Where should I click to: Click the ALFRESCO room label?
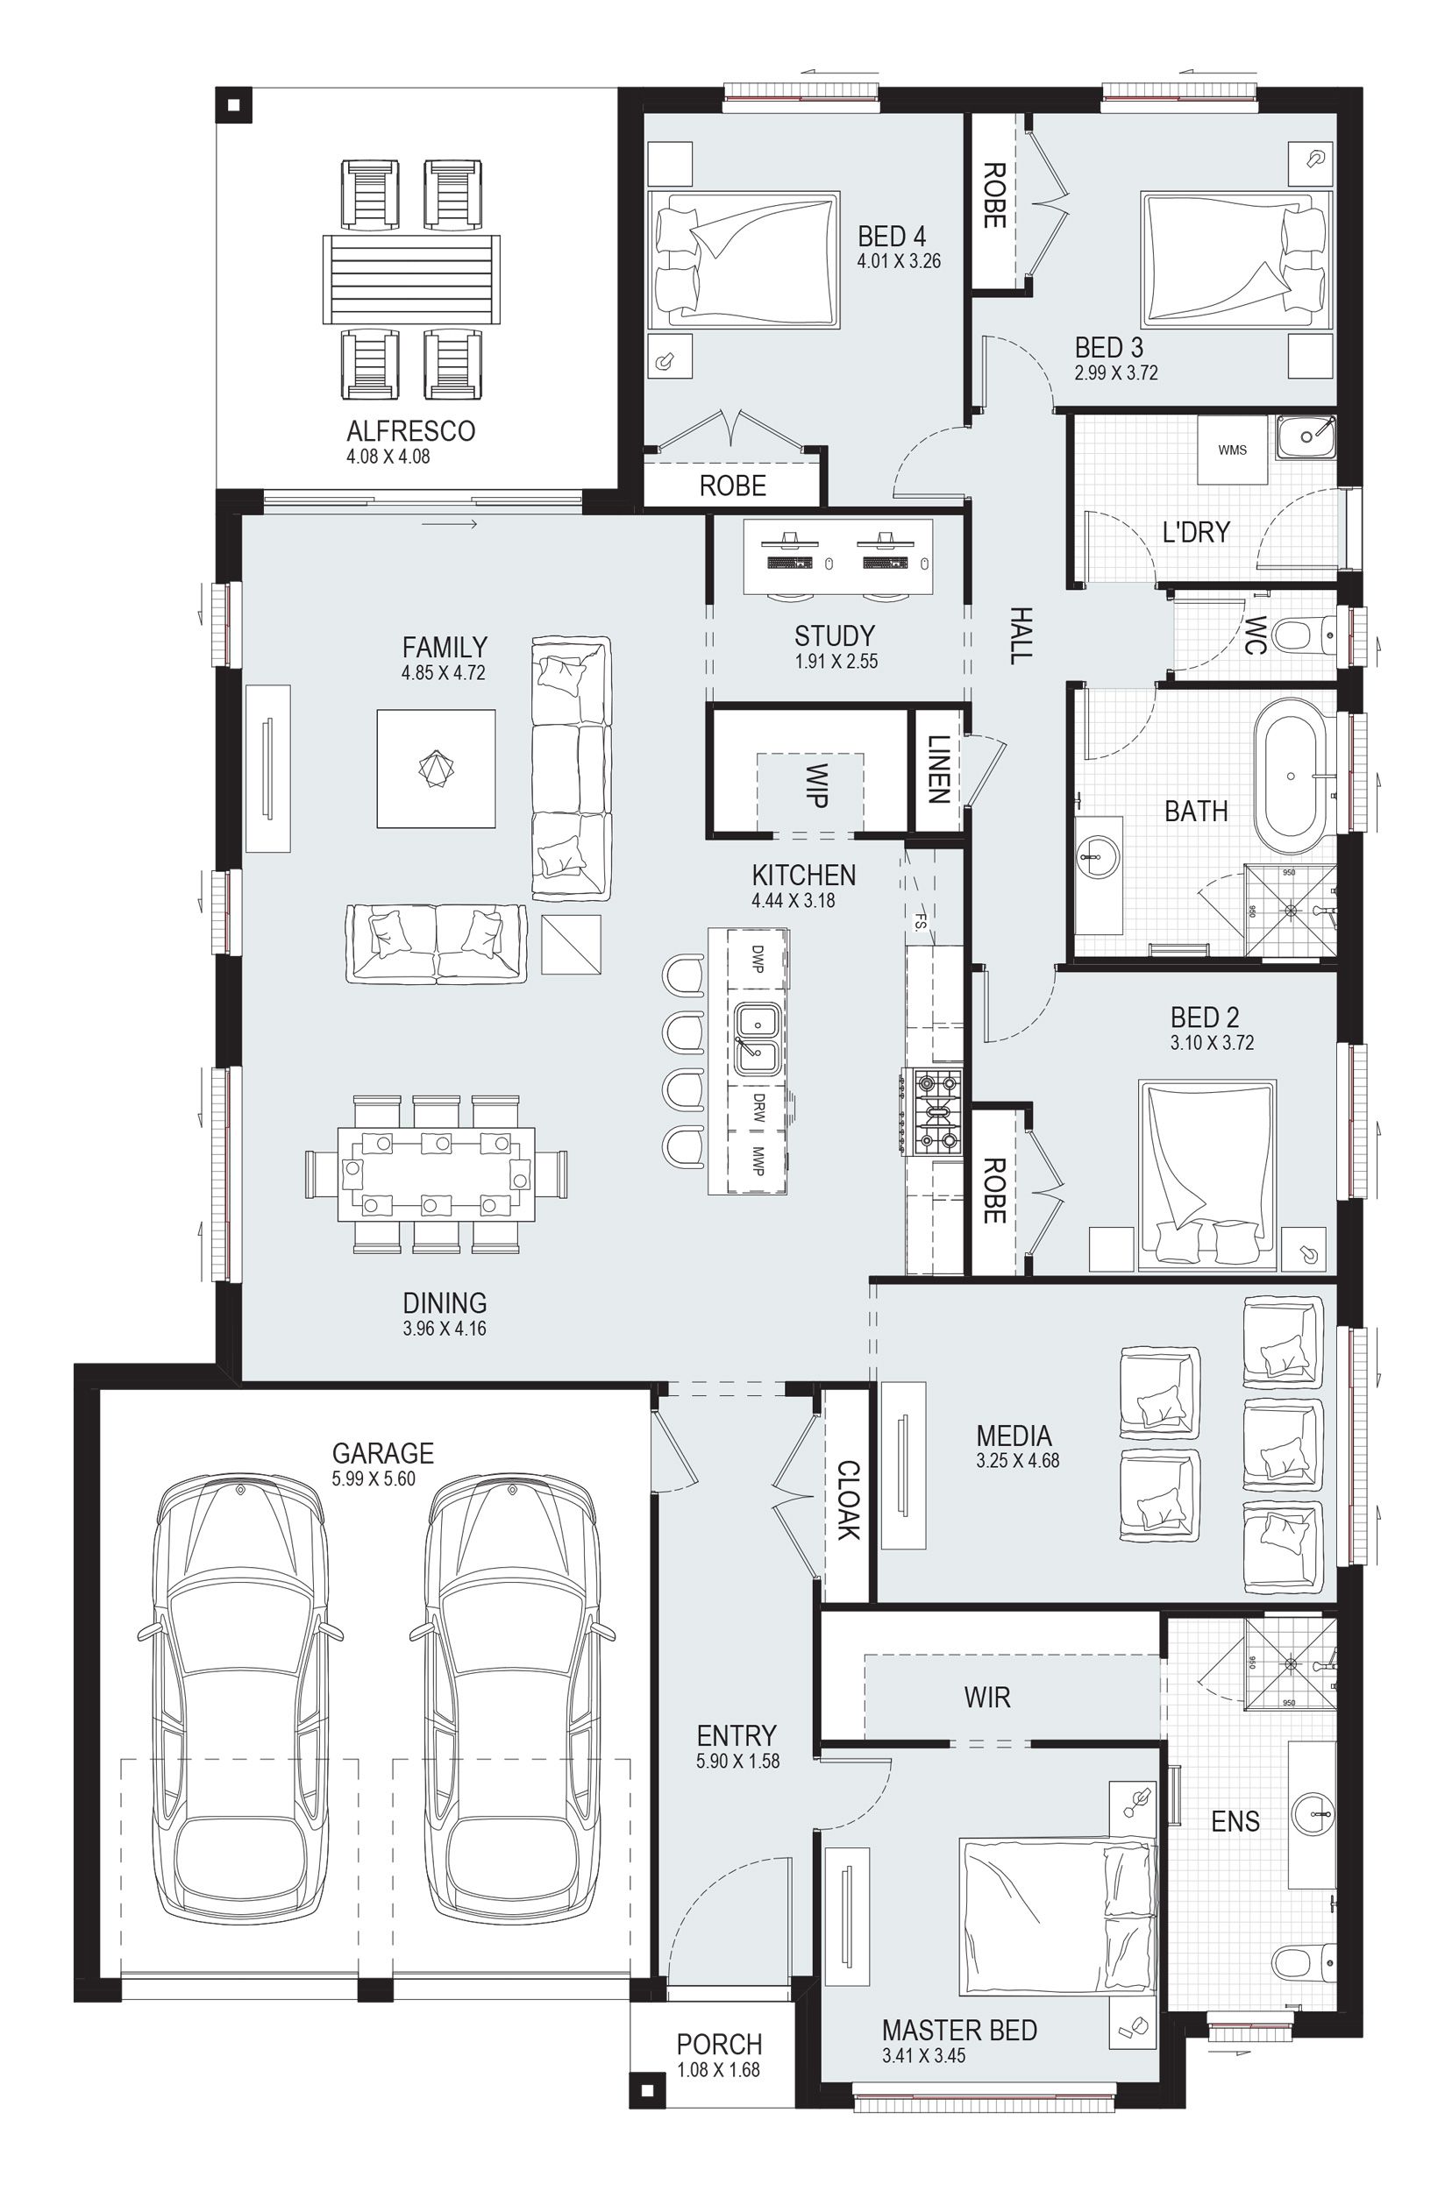pos(410,431)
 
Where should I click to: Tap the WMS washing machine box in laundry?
pos(1232,450)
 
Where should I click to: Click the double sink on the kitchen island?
pos(758,1038)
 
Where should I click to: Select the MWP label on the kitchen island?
pos(758,1163)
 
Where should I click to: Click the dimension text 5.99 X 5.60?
pos(374,1479)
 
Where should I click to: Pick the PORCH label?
pos(719,2044)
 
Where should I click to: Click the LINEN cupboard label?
pos(938,769)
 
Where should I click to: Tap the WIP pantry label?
pos(815,786)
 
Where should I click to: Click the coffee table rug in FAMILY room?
pos(435,769)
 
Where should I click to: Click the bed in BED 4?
pos(743,260)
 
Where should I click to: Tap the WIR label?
pos(987,1698)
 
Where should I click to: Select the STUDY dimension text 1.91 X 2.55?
pos(836,662)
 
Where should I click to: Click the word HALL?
pos(1019,636)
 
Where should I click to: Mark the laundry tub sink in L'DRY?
pos(1306,435)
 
